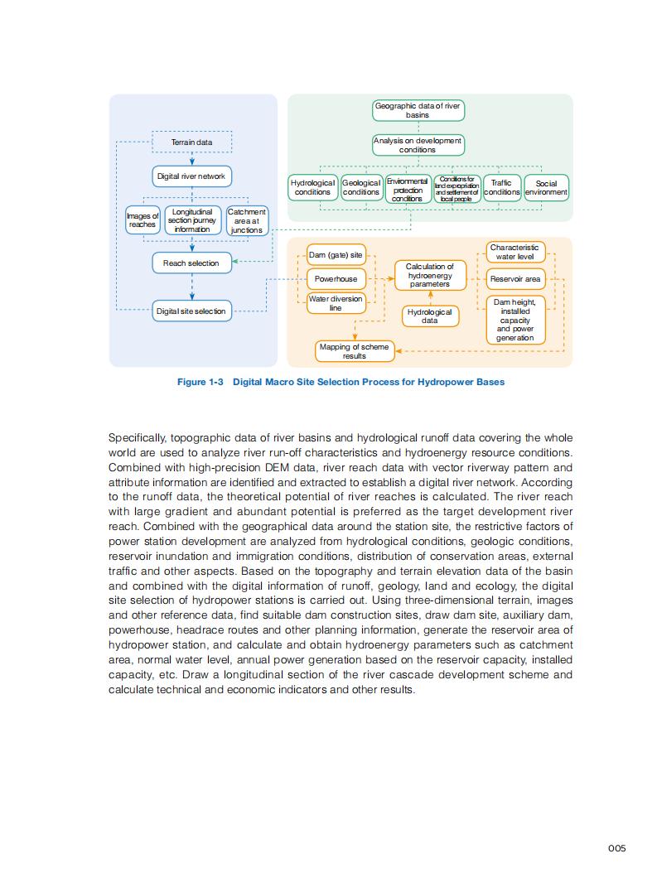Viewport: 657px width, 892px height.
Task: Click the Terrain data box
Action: [191, 142]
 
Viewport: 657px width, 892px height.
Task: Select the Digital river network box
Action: [191, 176]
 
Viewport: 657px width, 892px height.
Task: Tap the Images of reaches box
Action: [143, 220]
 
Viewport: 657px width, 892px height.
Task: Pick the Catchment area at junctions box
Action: [247, 220]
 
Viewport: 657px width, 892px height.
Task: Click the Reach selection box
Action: [191, 263]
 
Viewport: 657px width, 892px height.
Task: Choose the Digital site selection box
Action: [191, 311]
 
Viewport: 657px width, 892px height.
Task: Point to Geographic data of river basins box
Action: [418, 110]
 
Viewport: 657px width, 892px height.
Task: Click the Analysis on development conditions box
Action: [418, 145]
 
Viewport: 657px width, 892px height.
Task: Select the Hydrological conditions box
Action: [312, 187]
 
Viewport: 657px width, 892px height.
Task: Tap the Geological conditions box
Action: [361, 187]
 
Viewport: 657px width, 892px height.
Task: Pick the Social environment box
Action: [546, 187]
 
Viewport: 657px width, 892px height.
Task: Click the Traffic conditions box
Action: [501, 187]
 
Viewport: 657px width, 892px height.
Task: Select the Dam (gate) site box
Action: [336, 255]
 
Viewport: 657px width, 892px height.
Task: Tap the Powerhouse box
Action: [336, 279]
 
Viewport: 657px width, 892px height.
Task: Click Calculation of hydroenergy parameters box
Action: [430, 275]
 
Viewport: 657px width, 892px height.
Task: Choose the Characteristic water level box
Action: [514, 252]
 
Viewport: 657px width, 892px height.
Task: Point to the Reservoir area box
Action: [514, 279]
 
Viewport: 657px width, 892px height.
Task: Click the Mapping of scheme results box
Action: [355, 351]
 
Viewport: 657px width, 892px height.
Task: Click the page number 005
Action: [616, 847]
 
